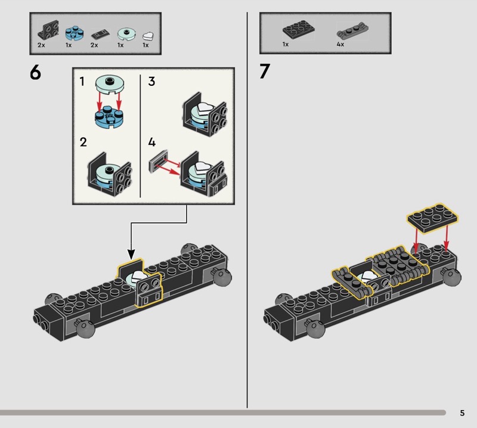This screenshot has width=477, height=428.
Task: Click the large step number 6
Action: (x=35, y=73)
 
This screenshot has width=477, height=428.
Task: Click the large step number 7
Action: (x=265, y=72)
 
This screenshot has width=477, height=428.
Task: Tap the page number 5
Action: (x=462, y=413)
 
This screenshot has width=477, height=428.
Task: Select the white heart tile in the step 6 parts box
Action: (x=148, y=36)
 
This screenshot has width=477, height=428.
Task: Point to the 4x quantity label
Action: (x=340, y=45)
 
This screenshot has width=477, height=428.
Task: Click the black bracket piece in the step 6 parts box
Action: (x=48, y=30)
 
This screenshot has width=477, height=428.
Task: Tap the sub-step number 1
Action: (x=82, y=82)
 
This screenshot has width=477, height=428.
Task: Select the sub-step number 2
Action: (x=83, y=142)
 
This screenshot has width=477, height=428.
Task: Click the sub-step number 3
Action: (x=151, y=82)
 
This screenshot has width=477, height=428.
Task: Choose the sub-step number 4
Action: (x=152, y=142)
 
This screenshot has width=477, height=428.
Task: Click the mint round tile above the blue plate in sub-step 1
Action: (x=110, y=84)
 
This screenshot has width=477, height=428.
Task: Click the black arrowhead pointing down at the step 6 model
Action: (x=131, y=255)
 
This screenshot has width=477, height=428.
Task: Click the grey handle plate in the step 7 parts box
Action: (x=353, y=32)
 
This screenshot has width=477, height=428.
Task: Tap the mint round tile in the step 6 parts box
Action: (x=127, y=34)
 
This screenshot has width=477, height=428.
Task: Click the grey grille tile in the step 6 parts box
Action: (x=100, y=35)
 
